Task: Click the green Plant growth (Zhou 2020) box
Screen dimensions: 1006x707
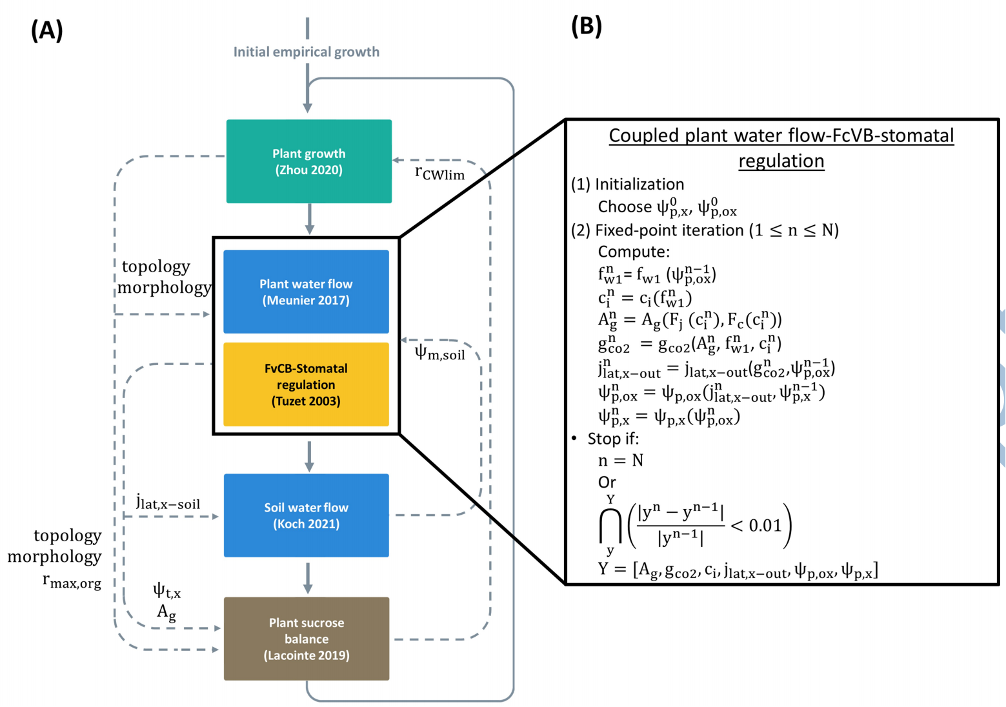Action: (x=309, y=161)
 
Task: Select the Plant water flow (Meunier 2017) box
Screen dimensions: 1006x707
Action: (x=307, y=292)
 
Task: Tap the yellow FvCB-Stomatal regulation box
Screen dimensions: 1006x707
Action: (x=307, y=384)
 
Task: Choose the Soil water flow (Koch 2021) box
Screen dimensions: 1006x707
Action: (x=307, y=515)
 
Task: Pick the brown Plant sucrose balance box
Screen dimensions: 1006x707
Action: (x=307, y=639)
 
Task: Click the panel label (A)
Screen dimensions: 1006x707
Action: (x=46, y=31)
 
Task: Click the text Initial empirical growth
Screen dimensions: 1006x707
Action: (x=307, y=52)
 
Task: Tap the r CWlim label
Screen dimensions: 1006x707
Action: (x=439, y=172)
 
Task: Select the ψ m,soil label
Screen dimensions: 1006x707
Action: (x=439, y=353)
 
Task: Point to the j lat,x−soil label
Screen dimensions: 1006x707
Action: (x=168, y=502)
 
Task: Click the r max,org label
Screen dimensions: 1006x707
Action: (x=72, y=581)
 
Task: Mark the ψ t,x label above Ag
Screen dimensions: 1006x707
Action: (x=166, y=590)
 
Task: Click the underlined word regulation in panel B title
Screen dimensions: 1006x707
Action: (x=781, y=161)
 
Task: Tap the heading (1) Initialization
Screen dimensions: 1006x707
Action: (x=627, y=184)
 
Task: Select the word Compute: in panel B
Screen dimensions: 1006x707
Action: (x=634, y=252)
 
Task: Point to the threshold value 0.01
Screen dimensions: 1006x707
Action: (x=765, y=524)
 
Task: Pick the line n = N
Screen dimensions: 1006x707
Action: (x=621, y=460)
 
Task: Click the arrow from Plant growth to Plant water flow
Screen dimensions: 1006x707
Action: (x=310, y=219)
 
